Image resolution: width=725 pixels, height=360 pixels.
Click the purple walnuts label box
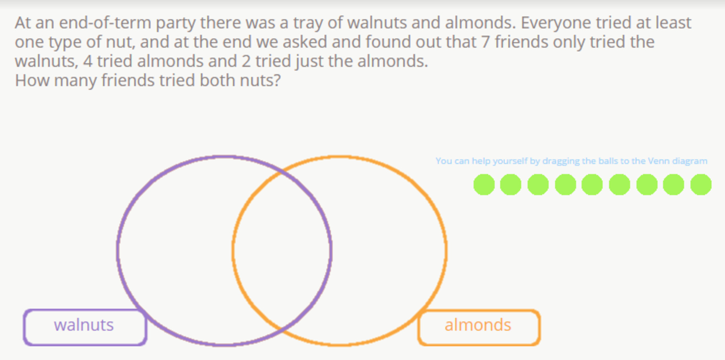[85, 327]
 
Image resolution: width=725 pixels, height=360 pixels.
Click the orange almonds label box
[479, 327]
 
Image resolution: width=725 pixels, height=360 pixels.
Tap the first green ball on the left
[484, 184]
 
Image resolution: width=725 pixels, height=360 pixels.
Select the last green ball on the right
[701, 184]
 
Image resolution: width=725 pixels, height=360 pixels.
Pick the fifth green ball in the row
[592, 184]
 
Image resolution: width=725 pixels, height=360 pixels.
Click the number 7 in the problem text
[486, 42]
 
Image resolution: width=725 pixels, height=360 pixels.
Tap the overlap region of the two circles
[282, 250]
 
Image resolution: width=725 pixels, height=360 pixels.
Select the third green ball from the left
[538, 184]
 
